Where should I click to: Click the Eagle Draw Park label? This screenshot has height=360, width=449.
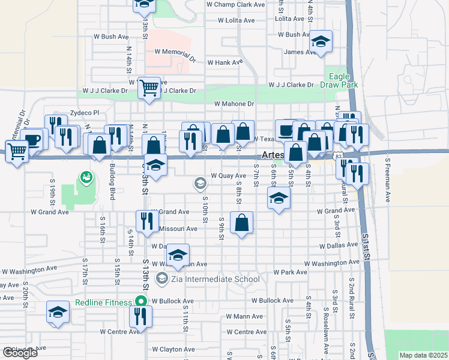tap(343, 80)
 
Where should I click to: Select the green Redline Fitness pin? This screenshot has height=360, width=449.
tap(141, 301)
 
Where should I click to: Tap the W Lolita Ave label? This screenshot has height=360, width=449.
tap(237, 20)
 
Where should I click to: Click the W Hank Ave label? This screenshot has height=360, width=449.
tap(225, 62)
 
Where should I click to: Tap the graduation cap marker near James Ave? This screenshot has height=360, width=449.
tap(321, 41)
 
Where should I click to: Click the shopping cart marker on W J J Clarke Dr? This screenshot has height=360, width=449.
tap(149, 88)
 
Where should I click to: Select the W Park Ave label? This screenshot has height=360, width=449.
tap(293, 272)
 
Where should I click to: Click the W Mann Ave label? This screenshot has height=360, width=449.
tap(244, 316)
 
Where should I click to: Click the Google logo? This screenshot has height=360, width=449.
tap(20, 352)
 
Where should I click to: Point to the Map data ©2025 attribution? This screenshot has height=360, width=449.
tap(423, 355)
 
